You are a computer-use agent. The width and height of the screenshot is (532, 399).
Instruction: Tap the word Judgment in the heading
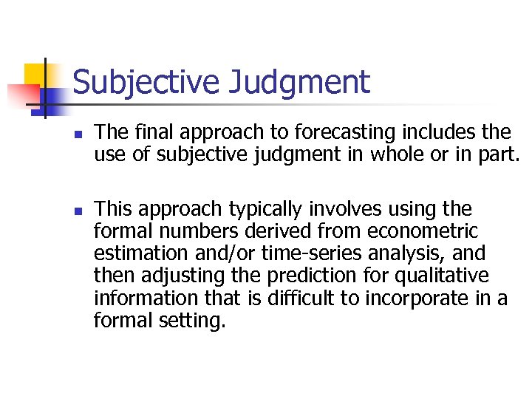point(299,83)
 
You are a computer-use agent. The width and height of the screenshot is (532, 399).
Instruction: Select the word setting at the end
point(190,321)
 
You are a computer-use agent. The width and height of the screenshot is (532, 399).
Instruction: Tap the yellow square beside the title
point(35,75)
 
